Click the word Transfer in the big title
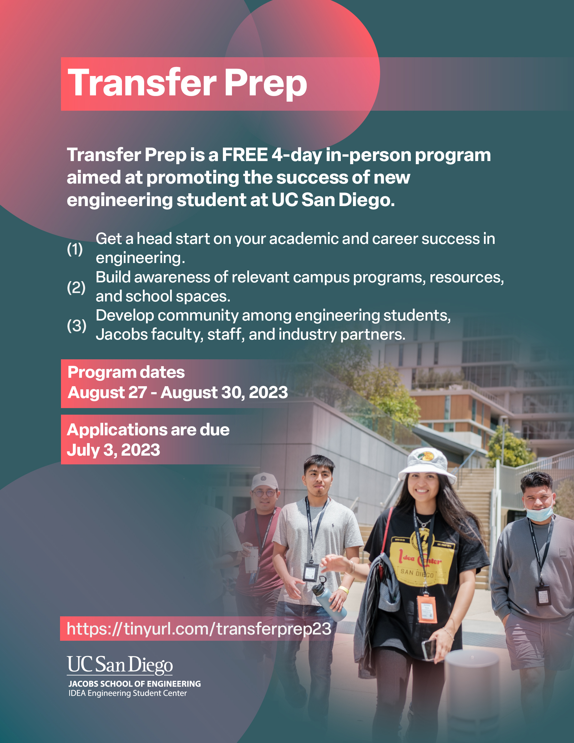click(142, 83)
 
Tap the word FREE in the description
click(244, 155)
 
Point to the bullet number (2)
click(76, 287)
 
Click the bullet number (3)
click(77, 326)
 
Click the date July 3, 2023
click(113, 450)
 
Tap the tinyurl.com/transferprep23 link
click(199, 629)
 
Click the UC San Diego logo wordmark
click(120, 665)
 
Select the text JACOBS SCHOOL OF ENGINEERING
click(135, 684)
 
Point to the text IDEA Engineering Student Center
click(128, 693)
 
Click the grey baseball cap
click(264, 481)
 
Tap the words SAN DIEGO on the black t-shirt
click(417, 573)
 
